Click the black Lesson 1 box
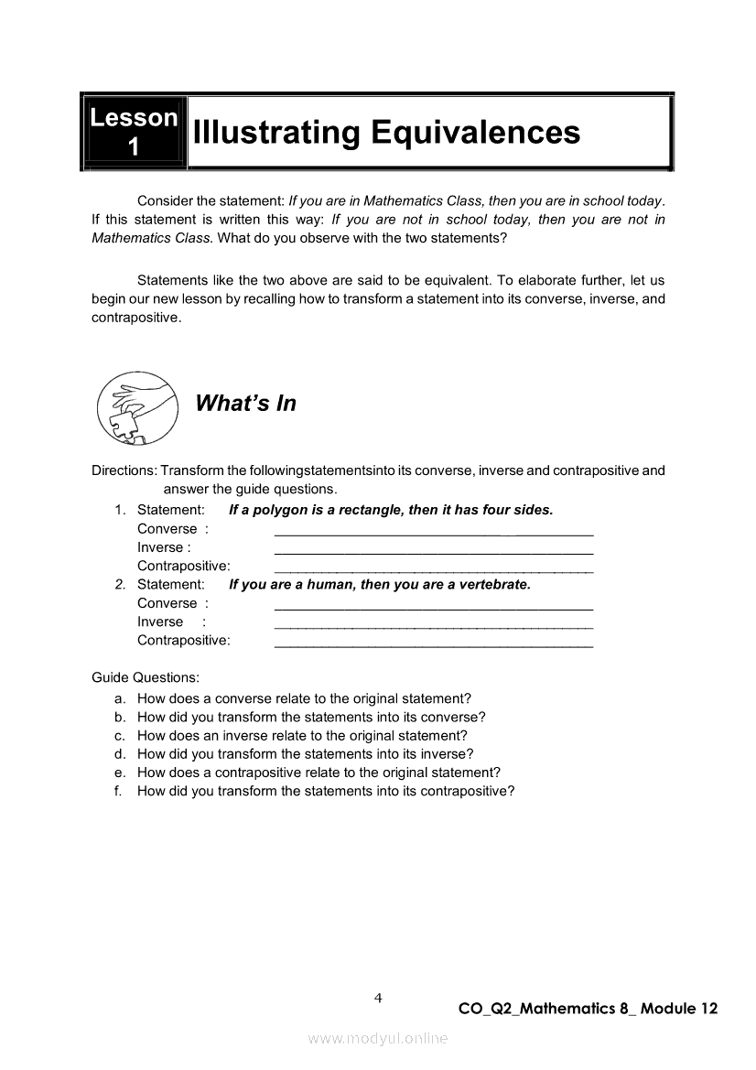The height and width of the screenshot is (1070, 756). coord(134,132)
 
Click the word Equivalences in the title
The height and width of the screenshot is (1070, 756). coord(475,133)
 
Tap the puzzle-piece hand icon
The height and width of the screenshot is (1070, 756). coord(137,408)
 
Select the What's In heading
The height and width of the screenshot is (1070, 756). coord(245,404)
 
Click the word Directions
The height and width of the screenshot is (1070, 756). coord(124,470)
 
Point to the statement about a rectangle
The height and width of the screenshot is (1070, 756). coord(391,510)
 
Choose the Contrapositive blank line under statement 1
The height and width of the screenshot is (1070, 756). coord(433,570)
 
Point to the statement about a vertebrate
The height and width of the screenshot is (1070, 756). coord(379,584)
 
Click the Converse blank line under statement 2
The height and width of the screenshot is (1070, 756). coord(433,608)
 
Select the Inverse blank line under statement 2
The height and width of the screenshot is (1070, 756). coord(433,626)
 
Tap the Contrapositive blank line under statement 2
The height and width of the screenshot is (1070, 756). coord(433,645)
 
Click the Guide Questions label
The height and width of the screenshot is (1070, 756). coord(146,678)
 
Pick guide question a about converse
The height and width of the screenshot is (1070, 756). coord(304,698)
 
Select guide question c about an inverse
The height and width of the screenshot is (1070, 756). coord(302,735)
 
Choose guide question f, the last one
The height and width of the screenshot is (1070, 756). coord(326,791)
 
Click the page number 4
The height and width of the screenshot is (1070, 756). coord(377,998)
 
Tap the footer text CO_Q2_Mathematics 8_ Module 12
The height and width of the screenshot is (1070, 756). coord(588,1009)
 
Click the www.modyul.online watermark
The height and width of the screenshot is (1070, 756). coord(378,1038)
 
